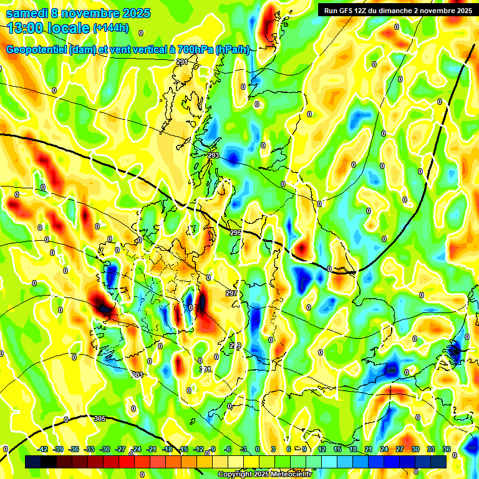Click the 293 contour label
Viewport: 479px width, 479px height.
pos(213,155)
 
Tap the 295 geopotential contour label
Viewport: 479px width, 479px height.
pos(235,233)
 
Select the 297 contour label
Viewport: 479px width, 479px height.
pos(231,293)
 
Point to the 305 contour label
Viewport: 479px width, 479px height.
pos(100,419)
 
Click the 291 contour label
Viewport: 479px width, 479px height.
pos(181,62)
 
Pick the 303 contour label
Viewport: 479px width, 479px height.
pos(137,375)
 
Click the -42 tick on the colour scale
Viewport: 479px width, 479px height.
pos(43,449)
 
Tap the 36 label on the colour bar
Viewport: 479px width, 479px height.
pos(447,449)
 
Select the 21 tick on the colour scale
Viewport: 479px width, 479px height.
pos(369,449)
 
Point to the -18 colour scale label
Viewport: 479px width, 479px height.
pos(168,449)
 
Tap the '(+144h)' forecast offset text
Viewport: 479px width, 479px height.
pos(110,28)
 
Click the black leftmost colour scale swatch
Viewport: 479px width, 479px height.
pos(33,462)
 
